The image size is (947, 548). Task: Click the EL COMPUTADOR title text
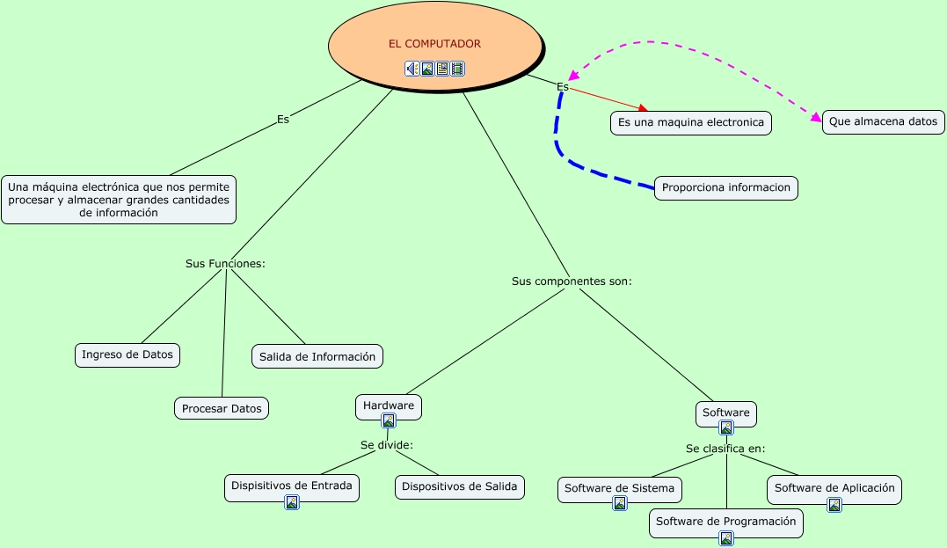pos(434,43)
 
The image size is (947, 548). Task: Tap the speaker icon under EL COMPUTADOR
pos(412,69)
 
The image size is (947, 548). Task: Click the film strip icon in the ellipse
pos(457,69)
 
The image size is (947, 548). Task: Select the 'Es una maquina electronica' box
pos(690,122)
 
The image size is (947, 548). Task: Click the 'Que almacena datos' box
pos(883,121)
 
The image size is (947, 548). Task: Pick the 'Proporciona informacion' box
pos(725,187)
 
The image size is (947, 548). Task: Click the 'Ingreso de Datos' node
pos(127,354)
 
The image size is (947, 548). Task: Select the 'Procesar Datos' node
pos(222,408)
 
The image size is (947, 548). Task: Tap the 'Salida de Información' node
pos(317,356)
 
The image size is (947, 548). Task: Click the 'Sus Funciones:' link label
pos(225,263)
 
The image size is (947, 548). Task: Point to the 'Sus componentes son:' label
pos(572,281)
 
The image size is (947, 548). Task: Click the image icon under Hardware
pos(389,420)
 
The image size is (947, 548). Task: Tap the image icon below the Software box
pos(726,427)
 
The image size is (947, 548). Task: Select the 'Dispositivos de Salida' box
pos(459,486)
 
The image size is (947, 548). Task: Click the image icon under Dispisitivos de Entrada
pos(292,502)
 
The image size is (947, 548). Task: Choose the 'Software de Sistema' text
pos(619,488)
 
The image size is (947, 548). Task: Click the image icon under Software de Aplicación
pos(834,504)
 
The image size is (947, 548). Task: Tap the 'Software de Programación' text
pos(725,521)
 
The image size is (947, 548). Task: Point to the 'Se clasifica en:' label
pos(725,449)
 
